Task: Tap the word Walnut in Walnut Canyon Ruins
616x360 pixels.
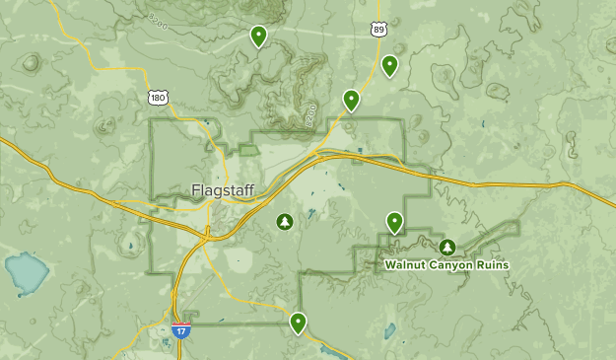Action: pos(405,264)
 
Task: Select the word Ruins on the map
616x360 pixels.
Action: pos(490,264)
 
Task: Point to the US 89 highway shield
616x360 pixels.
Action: pos(379,31)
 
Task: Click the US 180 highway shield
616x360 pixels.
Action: pos(158,97)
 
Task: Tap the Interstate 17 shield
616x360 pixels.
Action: pos(181,330)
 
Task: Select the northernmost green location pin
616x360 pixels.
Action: pos(258,36)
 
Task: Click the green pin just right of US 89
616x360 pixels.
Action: pos(389,65)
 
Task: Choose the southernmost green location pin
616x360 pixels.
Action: pos(298,322)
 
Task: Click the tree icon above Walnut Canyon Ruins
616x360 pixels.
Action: pos(447,246)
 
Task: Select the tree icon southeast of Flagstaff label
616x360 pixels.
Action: pos(285,221)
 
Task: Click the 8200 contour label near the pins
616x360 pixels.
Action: pos(310,114)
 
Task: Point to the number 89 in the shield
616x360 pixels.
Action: pos(379,32)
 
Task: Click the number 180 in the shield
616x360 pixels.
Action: pos(158,98)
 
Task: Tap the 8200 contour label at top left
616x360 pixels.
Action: pos(158,20)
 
